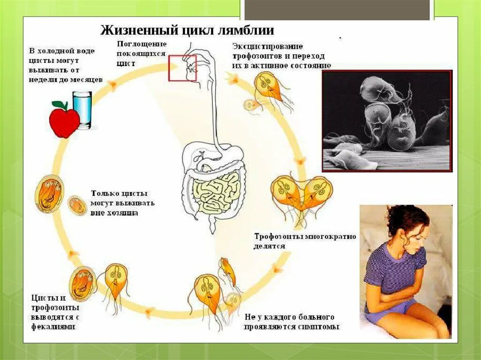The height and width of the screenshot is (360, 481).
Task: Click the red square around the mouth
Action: click(x=183, y=68)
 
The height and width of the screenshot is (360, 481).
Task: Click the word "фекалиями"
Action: click(x=54, y=326)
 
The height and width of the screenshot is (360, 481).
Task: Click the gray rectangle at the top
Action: click(x=337, y=10)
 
